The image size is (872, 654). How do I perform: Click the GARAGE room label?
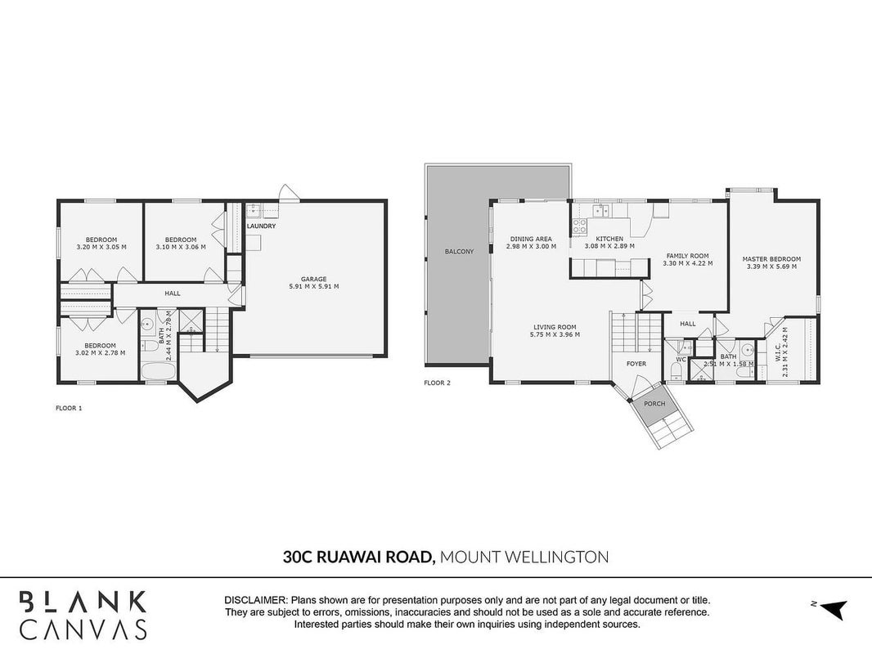(x=313, y=279)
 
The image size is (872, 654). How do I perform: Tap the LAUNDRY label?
(x=262, y=226)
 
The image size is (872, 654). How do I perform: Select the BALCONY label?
(x=460, y=252)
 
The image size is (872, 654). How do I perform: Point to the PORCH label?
(x=654, y=403)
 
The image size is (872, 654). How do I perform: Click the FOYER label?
(x=636, y=364)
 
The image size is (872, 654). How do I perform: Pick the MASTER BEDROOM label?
(x=772, y=259)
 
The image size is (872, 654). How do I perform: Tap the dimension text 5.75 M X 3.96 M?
(x=555, y=334)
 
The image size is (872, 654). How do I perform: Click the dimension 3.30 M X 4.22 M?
(x=688, y=263)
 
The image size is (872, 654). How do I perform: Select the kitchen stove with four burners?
(x=579, y=226)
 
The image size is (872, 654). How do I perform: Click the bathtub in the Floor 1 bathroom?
(x=157, y=371)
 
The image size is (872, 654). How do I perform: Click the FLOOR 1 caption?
(x=69, y=408)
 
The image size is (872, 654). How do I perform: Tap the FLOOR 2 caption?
(x=437, y=383)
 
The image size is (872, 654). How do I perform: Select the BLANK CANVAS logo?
(x=83, y=615)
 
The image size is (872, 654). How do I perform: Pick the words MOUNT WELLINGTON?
(x=524, y=557)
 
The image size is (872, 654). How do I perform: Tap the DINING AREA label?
(x=531, y=239)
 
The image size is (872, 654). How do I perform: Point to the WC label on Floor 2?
(x=681, y=360)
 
